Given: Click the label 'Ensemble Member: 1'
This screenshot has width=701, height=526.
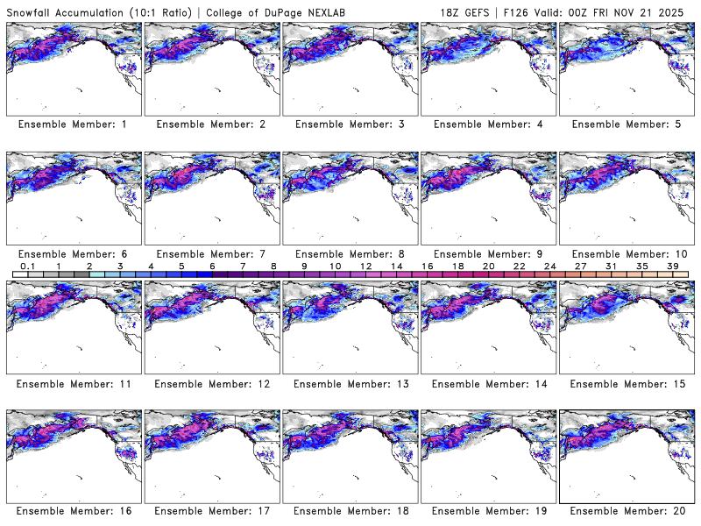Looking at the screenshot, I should click(73, 124).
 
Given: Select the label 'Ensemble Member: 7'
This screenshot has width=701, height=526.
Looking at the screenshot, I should click(211, 254).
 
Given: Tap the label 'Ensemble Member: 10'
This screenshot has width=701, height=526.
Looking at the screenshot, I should click(625, 254).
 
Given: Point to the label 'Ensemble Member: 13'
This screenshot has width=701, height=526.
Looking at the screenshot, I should click(349, 384).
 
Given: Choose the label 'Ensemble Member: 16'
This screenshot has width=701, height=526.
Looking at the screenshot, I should click(73, 510).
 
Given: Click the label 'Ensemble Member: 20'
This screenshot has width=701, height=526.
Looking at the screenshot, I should click(625, 510).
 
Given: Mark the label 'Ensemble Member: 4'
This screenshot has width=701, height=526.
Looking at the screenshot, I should click(487, 124).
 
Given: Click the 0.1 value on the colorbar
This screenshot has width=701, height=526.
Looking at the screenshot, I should click(27, 266).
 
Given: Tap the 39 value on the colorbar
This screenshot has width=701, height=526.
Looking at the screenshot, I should click(672, 266).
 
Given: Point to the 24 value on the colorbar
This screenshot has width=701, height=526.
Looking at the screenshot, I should click(549, 266).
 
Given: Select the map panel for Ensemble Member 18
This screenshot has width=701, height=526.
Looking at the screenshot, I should click(349, 454).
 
